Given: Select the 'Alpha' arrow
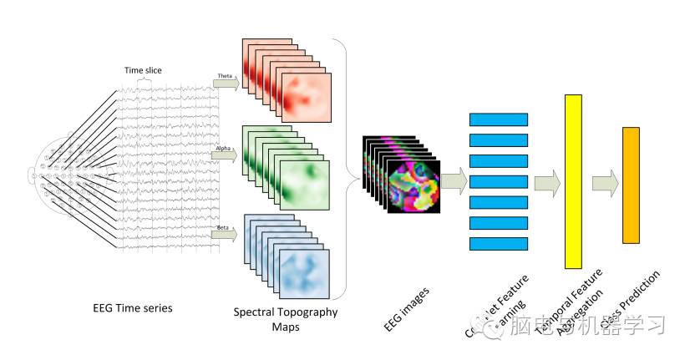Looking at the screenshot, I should pyautogui.click(x=225, y=154).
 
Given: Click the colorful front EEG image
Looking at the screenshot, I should pyautogui.click(x=413, y=186).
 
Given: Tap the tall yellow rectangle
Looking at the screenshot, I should pyautogui.click(x=572, y=181).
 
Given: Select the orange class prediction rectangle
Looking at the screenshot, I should pyautogui.click(x=631, y=185).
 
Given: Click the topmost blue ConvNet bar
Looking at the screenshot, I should pyautogui.click(x=499, y=119).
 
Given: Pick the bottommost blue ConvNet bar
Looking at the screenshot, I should pyautogui.click(x=499, y=243).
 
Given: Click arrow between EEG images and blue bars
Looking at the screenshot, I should pyautogui.click(x=454, y=181).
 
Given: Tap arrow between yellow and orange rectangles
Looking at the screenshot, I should pyautogui.click(x=604, y=181).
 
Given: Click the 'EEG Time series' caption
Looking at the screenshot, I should pyautogui.click(x=132, y=308).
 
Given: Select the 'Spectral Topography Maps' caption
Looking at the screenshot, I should pyautogui.click(x=286, y=319).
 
